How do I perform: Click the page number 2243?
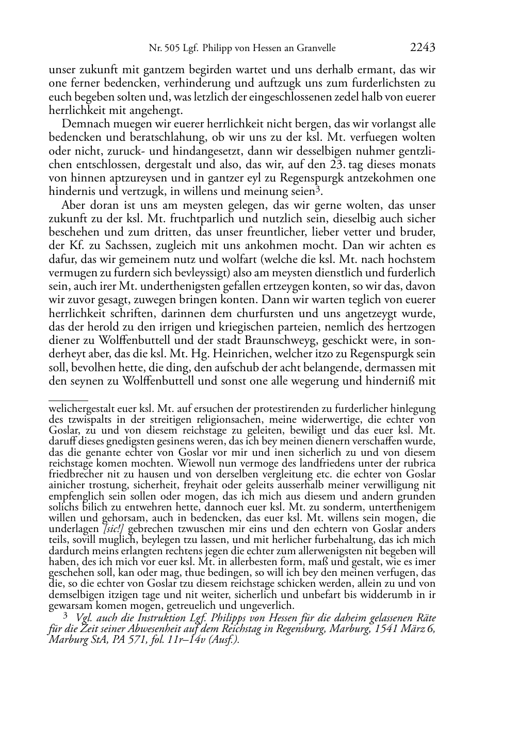[423, 48]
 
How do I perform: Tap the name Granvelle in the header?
[315, 48]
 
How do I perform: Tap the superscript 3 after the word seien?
[319, 189]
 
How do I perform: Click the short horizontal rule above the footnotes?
[68, 399]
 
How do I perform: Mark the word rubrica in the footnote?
[419, 463]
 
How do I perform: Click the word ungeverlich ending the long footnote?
[269, 605]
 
